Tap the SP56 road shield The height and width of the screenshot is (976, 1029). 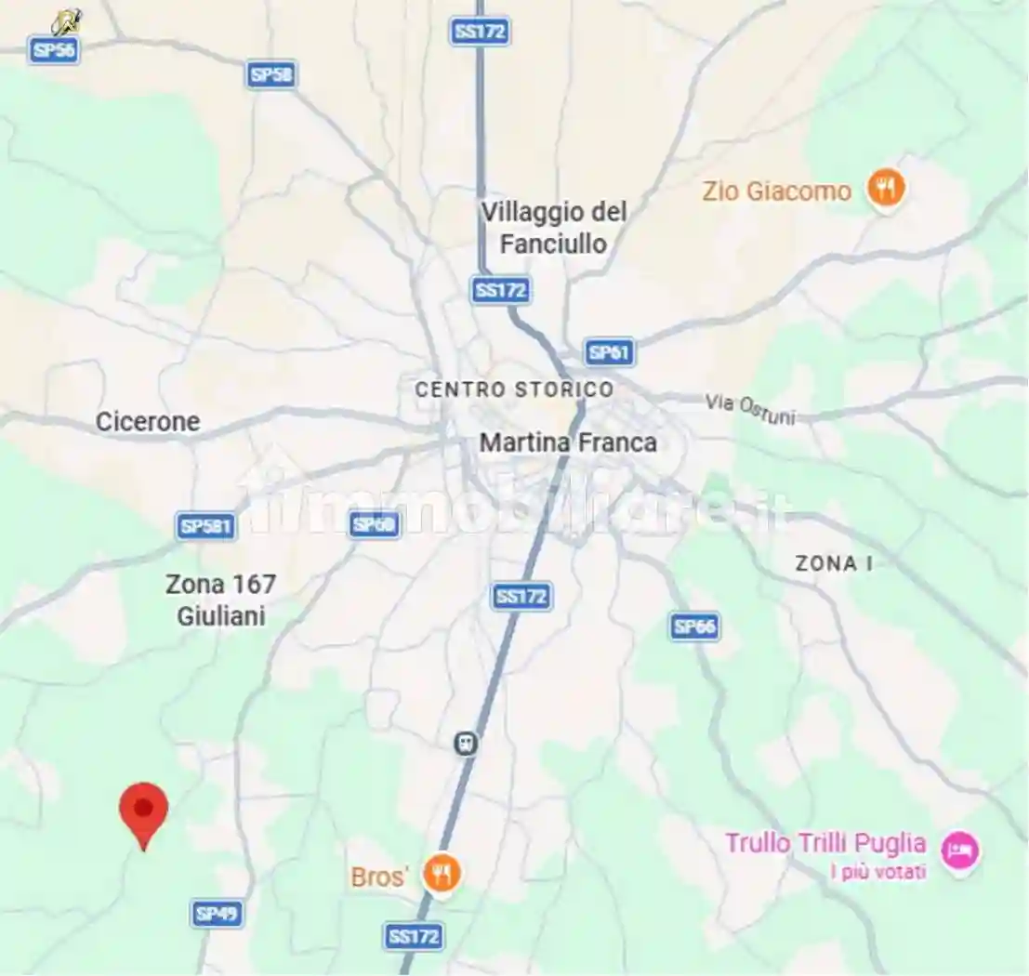click(54, 49)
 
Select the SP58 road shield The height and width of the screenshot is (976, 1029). click(271, 74)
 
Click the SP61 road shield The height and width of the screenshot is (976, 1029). click(610, 352)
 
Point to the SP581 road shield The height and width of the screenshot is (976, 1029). click(205, 526)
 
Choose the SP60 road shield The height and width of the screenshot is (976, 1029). click(375, 524)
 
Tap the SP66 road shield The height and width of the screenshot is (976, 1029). click(694, 626)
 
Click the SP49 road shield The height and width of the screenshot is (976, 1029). click(218, 914)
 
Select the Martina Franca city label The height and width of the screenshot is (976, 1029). click(568, 443)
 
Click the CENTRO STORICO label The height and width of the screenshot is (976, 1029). click(514, 389)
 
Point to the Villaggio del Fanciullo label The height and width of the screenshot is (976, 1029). click(554, 228)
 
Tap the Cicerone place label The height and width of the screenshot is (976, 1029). click(148, 422)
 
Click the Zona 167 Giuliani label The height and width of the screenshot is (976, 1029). click(220, 600)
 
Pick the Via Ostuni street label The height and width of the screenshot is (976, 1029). click(750, 408)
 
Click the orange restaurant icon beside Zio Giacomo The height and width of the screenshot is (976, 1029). click(886, 190)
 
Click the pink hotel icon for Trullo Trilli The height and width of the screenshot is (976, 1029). click(959, 851)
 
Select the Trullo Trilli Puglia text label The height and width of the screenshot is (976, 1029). click(825, 844)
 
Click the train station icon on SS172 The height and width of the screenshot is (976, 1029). click(466, 744)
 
